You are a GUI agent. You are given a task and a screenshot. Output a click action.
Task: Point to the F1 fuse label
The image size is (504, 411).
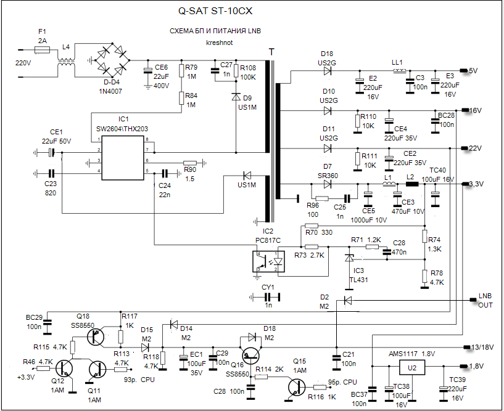click(x=42, y=30)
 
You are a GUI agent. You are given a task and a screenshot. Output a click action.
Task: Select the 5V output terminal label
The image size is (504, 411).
click(x=474, y=70)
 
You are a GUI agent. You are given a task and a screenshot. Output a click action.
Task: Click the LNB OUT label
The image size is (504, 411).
click(x=485, y=300)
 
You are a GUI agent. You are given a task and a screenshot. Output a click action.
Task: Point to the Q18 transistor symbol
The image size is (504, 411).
click(x=95, y=336)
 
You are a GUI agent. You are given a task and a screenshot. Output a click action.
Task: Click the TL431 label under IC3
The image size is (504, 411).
click(x=358, y=279)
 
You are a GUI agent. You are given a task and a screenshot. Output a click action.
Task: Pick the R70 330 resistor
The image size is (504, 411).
click(x=312, y=226)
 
